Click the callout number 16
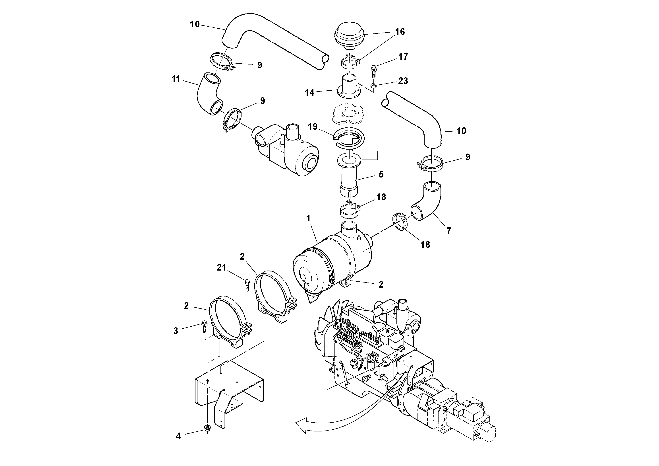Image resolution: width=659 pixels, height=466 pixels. (400, 32)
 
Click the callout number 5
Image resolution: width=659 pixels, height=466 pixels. (381, 174)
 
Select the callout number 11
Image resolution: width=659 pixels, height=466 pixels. (176, 79)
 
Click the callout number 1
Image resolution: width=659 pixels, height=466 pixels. (308, 219)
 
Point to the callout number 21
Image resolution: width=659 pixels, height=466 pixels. (221, 268)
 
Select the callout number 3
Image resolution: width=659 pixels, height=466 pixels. (176, 331)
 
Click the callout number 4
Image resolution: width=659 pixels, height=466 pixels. (178, 436)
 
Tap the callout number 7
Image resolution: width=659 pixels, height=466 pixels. (449, 231)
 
